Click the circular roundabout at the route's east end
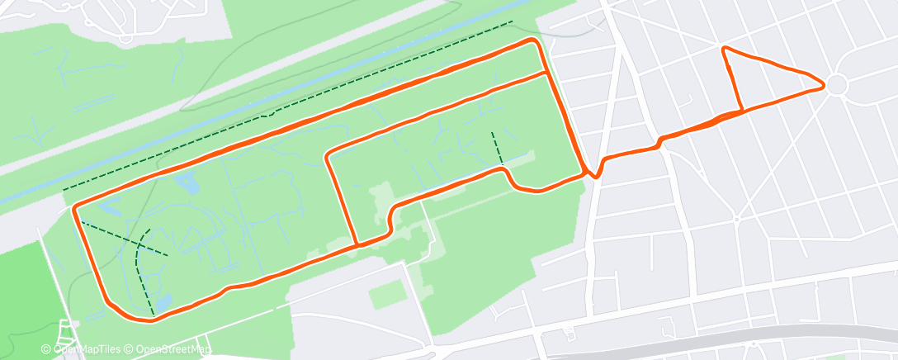click(837, 84)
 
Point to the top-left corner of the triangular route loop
click(725, 50)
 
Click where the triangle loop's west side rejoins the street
click(741, 111)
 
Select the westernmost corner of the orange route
click(75, 206)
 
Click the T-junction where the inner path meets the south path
click(357, 244)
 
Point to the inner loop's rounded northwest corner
click(329, 155)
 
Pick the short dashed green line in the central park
click(497, 148)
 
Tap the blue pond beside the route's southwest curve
click(163, 302)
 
